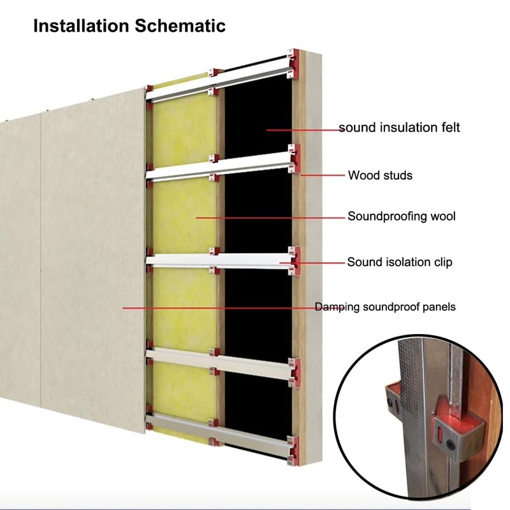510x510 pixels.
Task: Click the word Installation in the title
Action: point(82,25)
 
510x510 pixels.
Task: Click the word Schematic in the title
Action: point(180,25)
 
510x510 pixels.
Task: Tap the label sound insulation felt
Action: point(400,127)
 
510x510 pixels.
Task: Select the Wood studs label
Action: point(380,175)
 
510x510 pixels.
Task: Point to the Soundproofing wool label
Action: point(402,216)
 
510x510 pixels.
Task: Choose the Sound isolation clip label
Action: point(400,262)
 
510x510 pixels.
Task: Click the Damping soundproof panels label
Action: point(386,307)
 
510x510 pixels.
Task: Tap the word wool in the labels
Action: point(443,216)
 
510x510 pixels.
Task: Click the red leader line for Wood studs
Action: point(323,175)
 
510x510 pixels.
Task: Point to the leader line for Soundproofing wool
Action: point(270,217)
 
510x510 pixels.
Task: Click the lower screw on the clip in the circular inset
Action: point(450,443)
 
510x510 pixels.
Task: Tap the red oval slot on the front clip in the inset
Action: point(440,433)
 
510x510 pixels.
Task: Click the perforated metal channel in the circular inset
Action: point(412,416)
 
